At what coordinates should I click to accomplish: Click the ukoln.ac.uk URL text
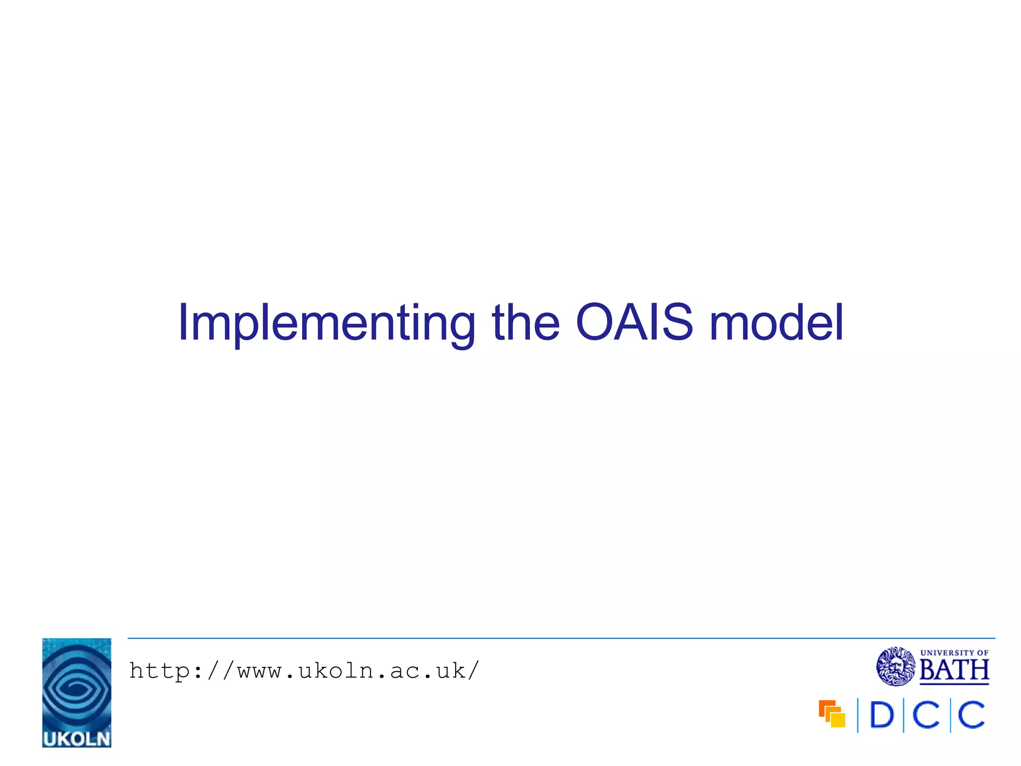[x=304, y=671]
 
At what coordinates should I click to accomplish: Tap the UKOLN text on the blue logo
[x=76, y=739]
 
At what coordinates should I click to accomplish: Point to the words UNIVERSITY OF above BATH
[x=954, y=652]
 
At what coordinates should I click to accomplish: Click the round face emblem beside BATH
[x=895, y=666]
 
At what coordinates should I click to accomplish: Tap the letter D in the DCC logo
[x=881, y=715]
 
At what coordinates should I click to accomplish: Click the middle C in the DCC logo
[x=926, y=715]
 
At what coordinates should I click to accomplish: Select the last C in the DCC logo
[x=972, y=715]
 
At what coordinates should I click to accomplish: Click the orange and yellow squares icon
[x=832, y=714]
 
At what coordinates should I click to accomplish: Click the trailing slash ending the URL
[x=473, y=671]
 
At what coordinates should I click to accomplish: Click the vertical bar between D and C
[x=903, y=715]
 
